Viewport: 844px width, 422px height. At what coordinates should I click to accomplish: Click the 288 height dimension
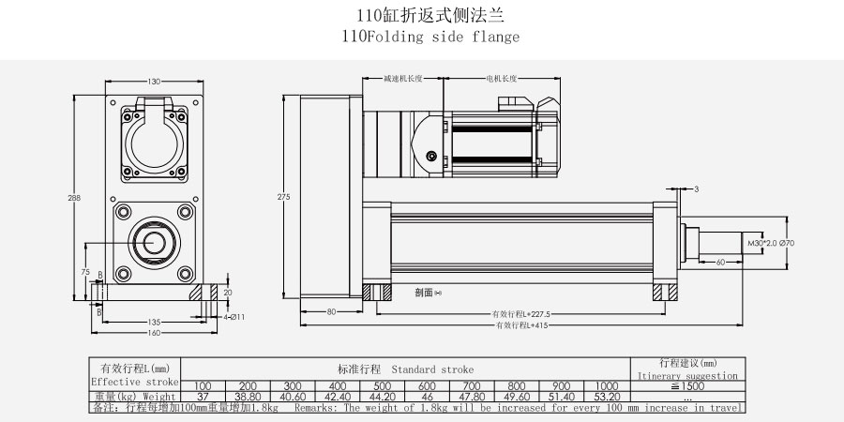[x=73, y=199]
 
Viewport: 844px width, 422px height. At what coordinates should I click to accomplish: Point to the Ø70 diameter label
[x=787, y=243]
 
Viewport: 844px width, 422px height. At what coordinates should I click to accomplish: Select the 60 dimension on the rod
[x=720, y=263]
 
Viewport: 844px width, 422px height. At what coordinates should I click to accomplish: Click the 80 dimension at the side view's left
[x=331, y=310]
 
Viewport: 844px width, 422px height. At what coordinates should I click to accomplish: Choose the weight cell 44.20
[x=382, y=397]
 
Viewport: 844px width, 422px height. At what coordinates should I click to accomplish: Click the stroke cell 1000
[x=606, y=386]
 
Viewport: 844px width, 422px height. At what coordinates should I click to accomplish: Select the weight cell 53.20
[x=606, y=397]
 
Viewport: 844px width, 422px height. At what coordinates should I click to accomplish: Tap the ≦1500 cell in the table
[x=687, y=386]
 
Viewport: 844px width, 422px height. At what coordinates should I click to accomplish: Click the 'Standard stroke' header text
[x=432, y=369]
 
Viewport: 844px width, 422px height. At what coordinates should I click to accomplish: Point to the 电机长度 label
[x=502, y=79]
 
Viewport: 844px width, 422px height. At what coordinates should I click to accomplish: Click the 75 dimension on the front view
[x=86, y=271]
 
